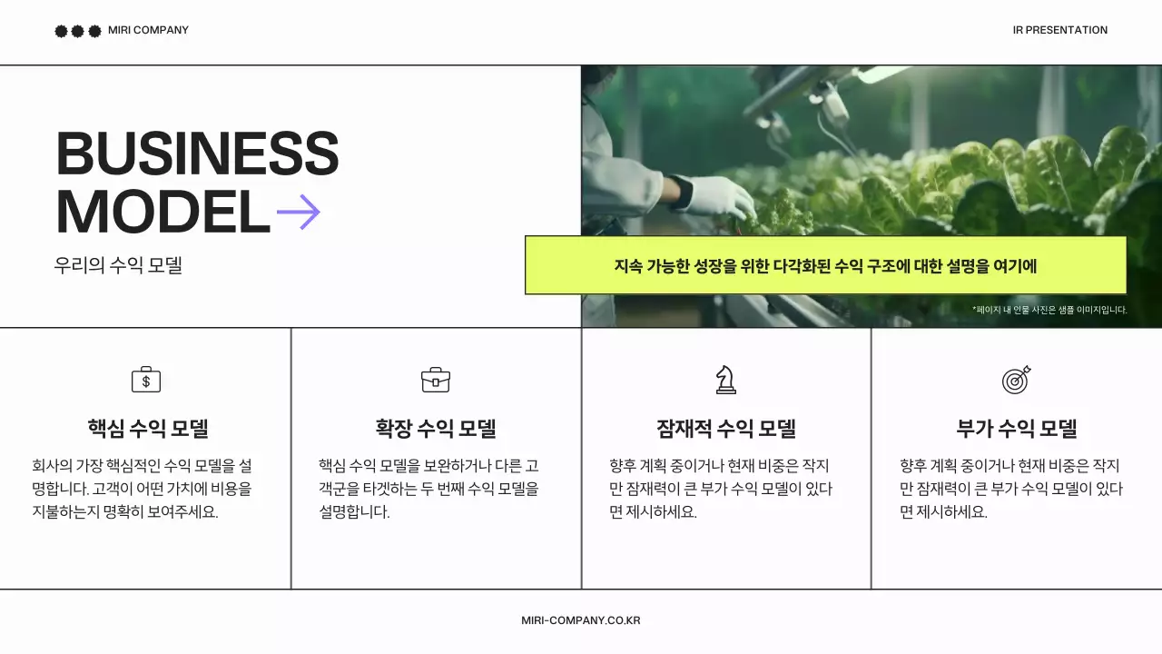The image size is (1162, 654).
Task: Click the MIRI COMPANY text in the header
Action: click(148, 30)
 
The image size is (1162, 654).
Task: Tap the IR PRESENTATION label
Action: click(1059, 30)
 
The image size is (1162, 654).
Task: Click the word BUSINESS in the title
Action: click(197, 154)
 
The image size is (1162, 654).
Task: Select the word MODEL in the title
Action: click(163, 213)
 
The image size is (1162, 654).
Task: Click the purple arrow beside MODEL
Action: click(299, 213)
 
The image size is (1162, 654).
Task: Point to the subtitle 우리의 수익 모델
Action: click(118, 266)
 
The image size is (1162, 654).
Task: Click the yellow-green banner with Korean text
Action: click(825, 266)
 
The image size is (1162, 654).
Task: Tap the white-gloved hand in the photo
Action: click(722, 195)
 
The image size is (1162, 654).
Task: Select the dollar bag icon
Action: click(145, 380)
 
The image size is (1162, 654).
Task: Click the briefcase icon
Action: click(436, 380)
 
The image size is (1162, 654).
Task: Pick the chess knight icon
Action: click(725, 380)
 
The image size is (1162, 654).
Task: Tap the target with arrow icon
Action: click(1017, 380)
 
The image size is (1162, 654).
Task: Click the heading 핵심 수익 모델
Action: click(148, 429)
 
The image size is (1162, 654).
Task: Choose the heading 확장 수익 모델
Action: click(436, 429)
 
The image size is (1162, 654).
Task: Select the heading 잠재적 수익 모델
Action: click(726, 429)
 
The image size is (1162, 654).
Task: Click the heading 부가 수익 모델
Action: click(1017, 429)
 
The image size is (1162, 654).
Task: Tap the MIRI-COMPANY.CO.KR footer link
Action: click(581, 620)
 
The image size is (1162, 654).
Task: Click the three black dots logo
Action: click(77, 31)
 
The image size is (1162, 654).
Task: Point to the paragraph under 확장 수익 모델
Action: click(428, 489)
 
